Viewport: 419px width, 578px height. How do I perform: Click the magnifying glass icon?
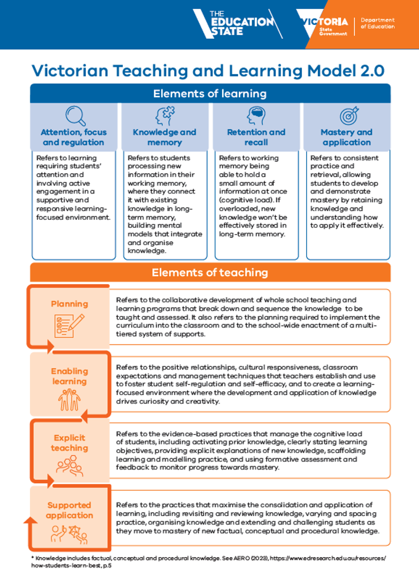point(75,116)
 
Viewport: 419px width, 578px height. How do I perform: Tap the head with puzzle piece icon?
point(165,116)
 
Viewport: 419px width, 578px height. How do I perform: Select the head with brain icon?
point(256,116)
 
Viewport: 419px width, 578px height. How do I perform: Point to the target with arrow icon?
point(349,116)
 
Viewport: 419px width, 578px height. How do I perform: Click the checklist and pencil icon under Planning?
point(69,326)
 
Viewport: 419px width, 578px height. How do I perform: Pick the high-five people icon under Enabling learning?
point(69,400)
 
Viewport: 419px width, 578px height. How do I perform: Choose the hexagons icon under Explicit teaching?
point(69,466)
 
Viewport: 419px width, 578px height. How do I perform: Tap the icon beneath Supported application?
point(69,534)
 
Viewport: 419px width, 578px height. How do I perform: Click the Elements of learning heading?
point(210,93)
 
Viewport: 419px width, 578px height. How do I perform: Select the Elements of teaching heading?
point(210,273)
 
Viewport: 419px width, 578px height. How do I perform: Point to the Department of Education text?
point(378,23)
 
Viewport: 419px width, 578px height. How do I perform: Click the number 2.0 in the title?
point(372,70)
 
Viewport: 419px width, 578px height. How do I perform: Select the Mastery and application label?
point(347,137)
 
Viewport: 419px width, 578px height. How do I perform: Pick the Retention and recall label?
point(256,137)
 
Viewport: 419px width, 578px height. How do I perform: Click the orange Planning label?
point(69,304)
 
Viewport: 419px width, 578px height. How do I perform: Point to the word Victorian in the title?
point(70,70)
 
